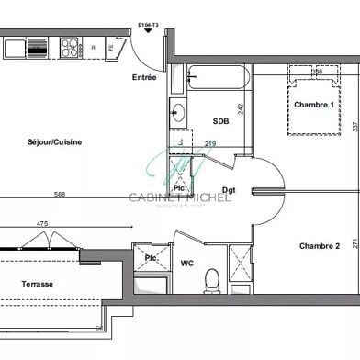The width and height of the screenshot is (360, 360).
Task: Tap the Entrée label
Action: (144, 77)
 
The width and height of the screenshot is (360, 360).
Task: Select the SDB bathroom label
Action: (221, 121)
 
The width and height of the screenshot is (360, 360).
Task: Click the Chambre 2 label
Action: (319, 245)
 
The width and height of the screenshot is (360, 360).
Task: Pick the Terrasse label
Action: (37, 285)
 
